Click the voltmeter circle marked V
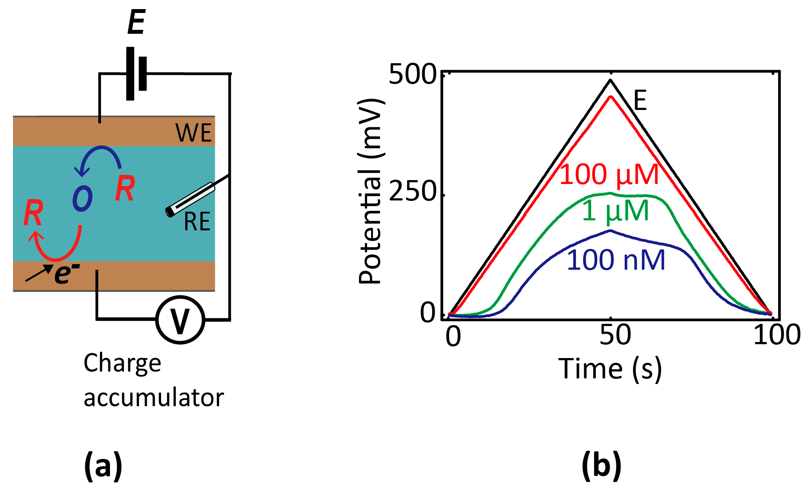pos(180,320)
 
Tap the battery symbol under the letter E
pos(136,74)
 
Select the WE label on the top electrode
pos(193,133)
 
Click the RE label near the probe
pos(197,222)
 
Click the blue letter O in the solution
pos(82,199)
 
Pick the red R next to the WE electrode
pos(125,189)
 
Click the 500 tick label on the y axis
pos(412,74)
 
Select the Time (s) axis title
pos(610,369)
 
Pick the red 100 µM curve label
pos(609,174)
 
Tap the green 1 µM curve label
pos(615,211)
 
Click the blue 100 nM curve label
pos(616,260)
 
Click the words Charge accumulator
pos(153,380)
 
